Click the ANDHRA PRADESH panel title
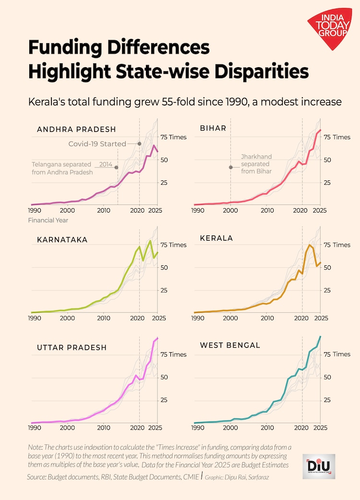[76, 129]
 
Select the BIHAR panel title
[214, 128]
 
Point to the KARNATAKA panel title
[62, 239]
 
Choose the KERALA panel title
[216, 238]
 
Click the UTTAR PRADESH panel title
[72, 347]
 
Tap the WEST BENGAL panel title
[230, 345]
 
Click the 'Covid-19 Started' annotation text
[97, 143]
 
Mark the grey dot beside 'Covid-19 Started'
[139, 143]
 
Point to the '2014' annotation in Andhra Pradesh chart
[106, 164]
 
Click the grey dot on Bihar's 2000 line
[230, 167]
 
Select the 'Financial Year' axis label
[48, 220]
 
